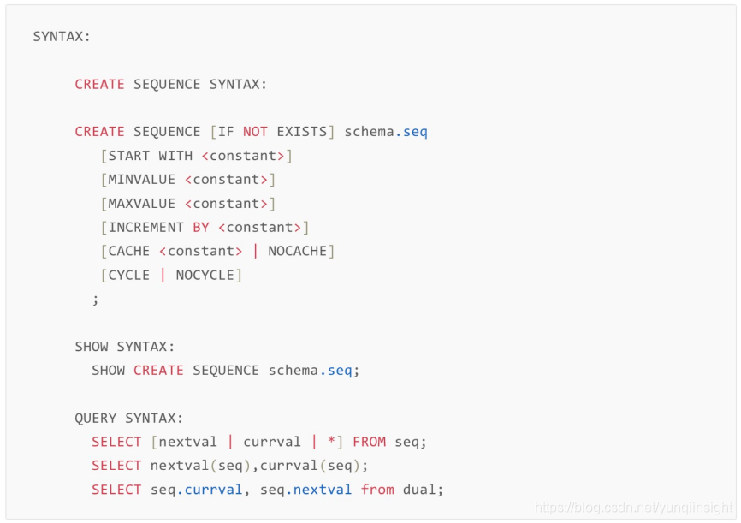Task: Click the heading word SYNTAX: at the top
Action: (62, 37)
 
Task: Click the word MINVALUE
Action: (142, 180)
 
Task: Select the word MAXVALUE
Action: (142, 204)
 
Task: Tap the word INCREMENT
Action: (146, 228)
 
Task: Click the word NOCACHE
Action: (298, 252)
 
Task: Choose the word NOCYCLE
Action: (205, 276)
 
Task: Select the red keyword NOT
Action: (255, 132)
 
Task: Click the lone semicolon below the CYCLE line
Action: (96, 299)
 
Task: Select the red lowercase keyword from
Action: (377, 490)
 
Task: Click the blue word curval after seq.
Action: (214, 490)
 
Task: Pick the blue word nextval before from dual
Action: (323, 490)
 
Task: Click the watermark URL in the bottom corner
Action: (634, 508)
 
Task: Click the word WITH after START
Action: (175, 156)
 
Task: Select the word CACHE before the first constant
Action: (129, 252)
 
